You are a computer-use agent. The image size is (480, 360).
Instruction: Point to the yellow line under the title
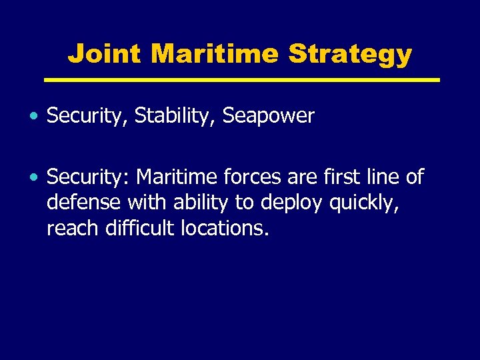click(x=241, y=80)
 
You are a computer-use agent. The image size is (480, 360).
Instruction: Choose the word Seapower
click(x=268, y=116)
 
